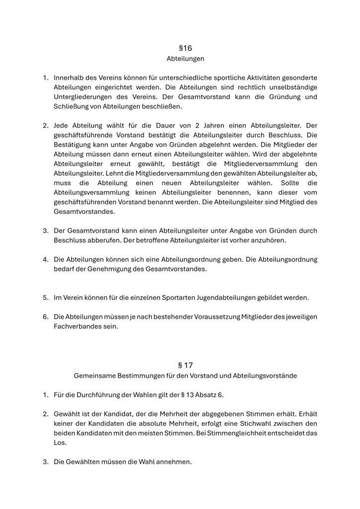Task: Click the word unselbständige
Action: point(290,87)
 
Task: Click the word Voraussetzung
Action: point(216,317)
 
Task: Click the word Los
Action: point(59,442)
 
